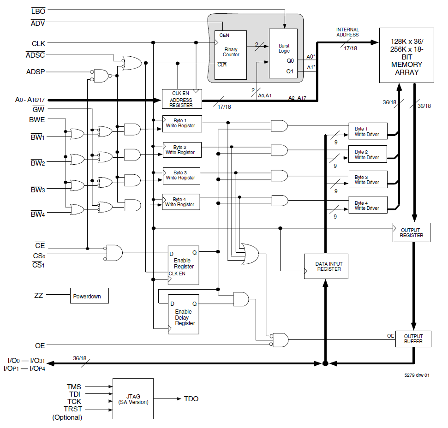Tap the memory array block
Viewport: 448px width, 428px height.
pyautogui.click(x=406, y=55)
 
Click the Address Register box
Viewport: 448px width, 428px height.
pyautogui.click(x=181, y=99)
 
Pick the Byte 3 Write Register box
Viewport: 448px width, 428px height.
pyautogui.click(x=181, y=175)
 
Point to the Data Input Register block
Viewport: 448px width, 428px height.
pyautogui.click(x=326, y=266)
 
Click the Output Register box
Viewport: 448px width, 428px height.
pyautogui.click(x=411, y=232)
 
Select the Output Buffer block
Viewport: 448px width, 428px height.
pyautogui.click(x=413, y=339)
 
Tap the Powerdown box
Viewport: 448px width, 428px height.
pyautogui.click(x=90, y=296)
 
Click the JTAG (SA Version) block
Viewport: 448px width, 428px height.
pyautogui.click(x=133, y=398)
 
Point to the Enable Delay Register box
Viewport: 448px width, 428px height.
pyautogui.click(x=183, y=314)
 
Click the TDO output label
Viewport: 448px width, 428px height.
pyautogui.click(x=191, y=398)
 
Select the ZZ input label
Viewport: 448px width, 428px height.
pyautogui.click(x=39, y=295)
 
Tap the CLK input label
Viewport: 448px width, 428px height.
pyautogui.click(x=38, y=43)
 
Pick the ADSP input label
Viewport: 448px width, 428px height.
pyautogui.click(x=35, y=71)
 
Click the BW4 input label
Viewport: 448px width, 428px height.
pyautogui.click(x=37, y=214)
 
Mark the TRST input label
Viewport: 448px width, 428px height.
pyautogui.click(x=73, y=409)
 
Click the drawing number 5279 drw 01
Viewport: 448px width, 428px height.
pyautogui.click(x=417, y=375)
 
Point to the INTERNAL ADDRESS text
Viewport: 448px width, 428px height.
pyautogui.click(x=347, y=32)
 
